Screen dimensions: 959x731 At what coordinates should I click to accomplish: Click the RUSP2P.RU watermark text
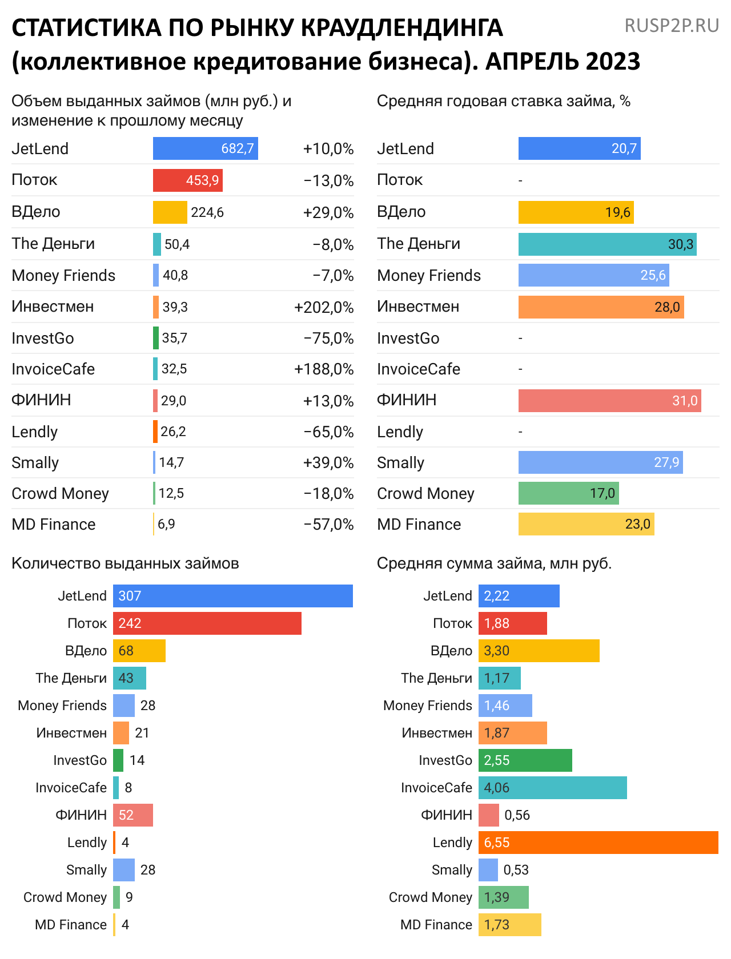[672, 26]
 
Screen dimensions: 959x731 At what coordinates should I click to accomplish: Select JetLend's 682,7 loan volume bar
[205, 148]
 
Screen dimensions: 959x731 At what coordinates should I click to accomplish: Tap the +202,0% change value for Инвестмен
[324, 307]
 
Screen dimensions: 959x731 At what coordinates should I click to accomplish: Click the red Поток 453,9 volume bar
[187, 180]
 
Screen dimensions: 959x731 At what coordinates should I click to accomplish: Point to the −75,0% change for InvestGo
[328, 338]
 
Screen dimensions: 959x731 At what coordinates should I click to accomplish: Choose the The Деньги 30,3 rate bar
[607, 244]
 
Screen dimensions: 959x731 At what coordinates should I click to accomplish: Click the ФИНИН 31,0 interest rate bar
[609, 401]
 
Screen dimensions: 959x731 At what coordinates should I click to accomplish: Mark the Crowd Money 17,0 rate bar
[568, 493]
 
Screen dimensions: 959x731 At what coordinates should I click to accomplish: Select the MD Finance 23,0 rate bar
[586, 524]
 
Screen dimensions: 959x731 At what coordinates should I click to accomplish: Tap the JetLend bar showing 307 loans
[233, 596]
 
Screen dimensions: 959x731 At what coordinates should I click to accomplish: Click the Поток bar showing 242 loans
[207, 623]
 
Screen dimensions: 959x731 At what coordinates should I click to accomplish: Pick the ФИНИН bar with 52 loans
[133, 815]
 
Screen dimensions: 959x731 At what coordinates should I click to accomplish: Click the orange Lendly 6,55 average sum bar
[598, 843]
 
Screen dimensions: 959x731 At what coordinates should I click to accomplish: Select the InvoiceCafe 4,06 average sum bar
[552, 788]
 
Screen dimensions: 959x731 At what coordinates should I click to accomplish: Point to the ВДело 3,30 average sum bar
[539, 651]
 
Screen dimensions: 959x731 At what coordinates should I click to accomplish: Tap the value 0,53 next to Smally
[516, 870]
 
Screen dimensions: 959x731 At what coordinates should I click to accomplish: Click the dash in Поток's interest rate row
[520, 181]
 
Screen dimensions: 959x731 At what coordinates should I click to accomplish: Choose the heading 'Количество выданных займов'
[125, 563]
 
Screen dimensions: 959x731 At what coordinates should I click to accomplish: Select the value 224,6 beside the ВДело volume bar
[207, 212]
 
